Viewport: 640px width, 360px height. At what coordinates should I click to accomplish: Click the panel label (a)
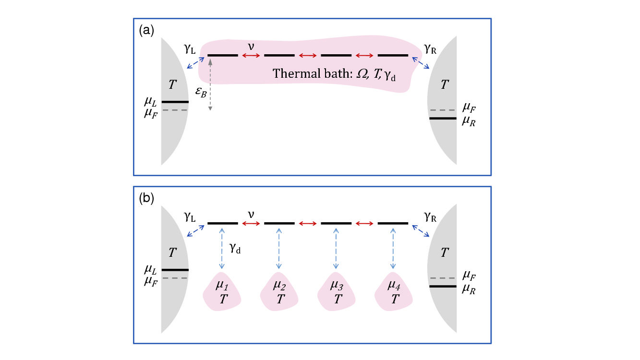[x=146, y=31]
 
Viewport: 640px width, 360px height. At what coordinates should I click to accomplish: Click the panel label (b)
[x=146, y=199]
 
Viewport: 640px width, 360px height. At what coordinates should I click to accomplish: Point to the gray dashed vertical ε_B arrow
[x=210, y=84]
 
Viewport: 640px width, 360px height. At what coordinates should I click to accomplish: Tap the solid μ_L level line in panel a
[x=175, y=102]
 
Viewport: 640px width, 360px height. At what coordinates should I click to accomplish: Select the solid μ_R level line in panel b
[x=442, y=286]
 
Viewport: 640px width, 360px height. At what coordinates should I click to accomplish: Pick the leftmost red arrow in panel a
[x=251, y=56]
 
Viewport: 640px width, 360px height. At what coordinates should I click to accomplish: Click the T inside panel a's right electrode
[x=445, y=85]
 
